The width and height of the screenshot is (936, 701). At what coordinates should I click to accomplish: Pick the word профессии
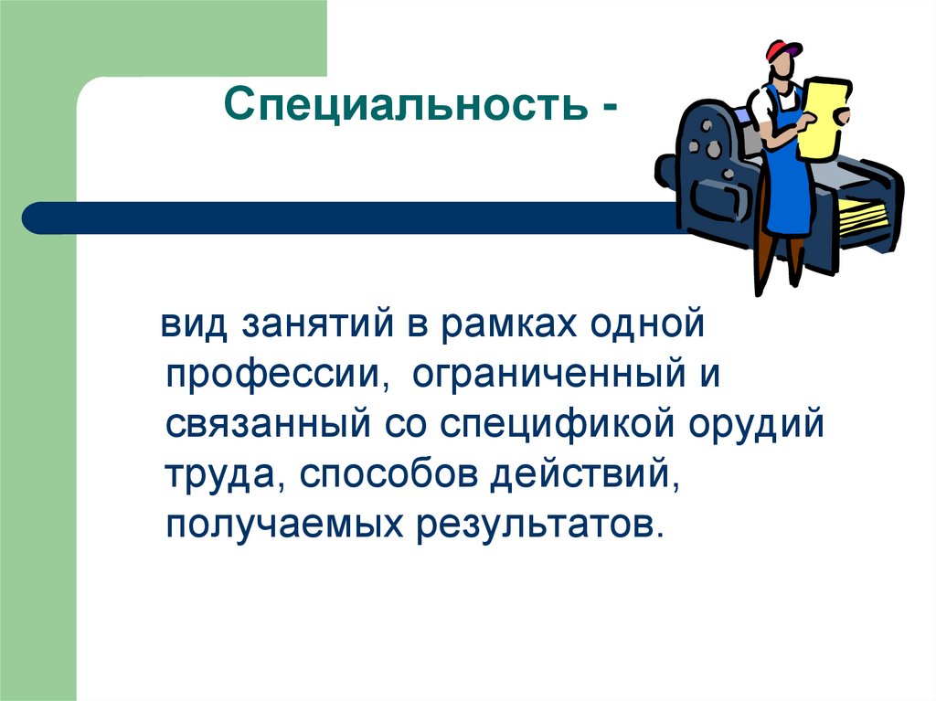(x=272, y=377)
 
